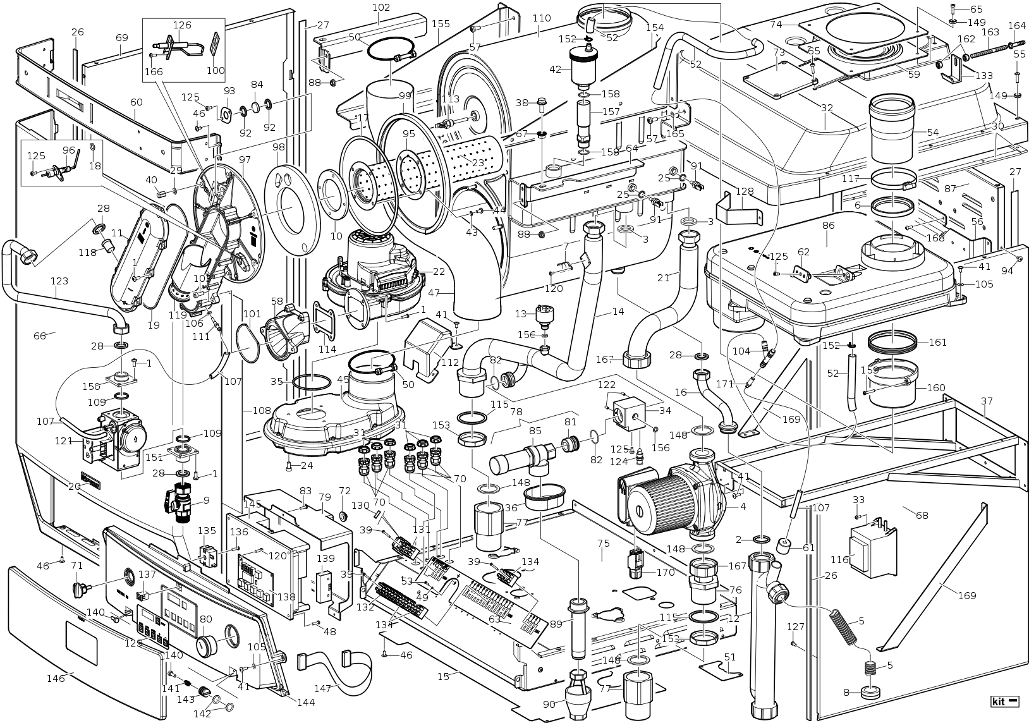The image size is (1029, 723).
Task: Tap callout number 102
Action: click(381, 8)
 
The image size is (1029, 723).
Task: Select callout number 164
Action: click(1016, 26)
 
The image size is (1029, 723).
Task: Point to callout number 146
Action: click(56, 678)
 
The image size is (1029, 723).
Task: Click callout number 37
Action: click(987, 401)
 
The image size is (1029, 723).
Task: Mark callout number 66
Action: click(40, 336)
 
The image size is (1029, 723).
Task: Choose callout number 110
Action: click(542, 18)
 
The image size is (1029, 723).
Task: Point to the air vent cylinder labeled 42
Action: click(587, 68)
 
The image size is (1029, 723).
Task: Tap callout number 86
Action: click(828, 225)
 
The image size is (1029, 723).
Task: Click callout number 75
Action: click(603, 543)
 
